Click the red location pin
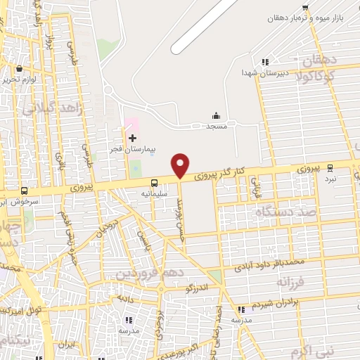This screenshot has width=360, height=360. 181,165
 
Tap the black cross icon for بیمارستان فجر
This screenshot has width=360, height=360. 132,137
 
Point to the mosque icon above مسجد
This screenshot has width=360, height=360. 216,115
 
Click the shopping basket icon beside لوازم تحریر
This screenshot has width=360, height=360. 18,69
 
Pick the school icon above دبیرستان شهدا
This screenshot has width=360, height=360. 265,62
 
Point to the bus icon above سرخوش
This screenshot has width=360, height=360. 24,191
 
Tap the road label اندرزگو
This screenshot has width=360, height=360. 198,288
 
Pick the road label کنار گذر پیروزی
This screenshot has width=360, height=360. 220,172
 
